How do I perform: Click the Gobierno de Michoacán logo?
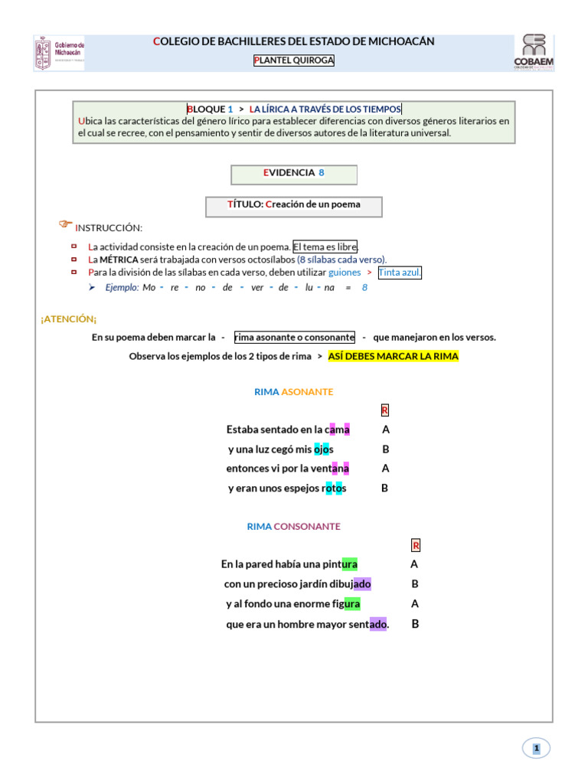pyautogui.click(x=61, y=53)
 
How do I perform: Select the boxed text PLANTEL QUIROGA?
pyautogui.click(x=294, y=60)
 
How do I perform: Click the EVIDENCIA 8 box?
pyautogui.click(x=294, y=173)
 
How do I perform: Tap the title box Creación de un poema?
pyautogui.click(x=294, y=204)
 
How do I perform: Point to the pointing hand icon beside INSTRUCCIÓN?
pyautogui.click(x=66, y=224)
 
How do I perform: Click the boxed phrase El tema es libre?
pyautogui.click(x=325, y=247)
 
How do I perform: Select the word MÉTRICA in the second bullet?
pyautogui.click(x=119, y=260)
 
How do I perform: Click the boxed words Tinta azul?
pyautogui.click(x=399, y=273)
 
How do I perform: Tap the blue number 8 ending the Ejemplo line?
pyautogui.click(x=364, y=287)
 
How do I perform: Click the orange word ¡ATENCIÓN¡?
pyautogui.click(x=69, y=318)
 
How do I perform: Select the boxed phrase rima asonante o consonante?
pyautogui.click(x=294, y=337)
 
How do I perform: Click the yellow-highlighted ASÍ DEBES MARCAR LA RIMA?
pyautogui.click(x=393, y=357)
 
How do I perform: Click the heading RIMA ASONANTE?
pyautogui.click(x=294, y=392)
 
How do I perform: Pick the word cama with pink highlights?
pyautogui.click(x=338, y=430)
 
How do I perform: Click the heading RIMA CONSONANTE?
pyautogui.click(x=294, y=527)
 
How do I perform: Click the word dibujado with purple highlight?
pyautogui.click(x=351, y=584)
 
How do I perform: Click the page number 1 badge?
pyautogui.click(x=537, y=749)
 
